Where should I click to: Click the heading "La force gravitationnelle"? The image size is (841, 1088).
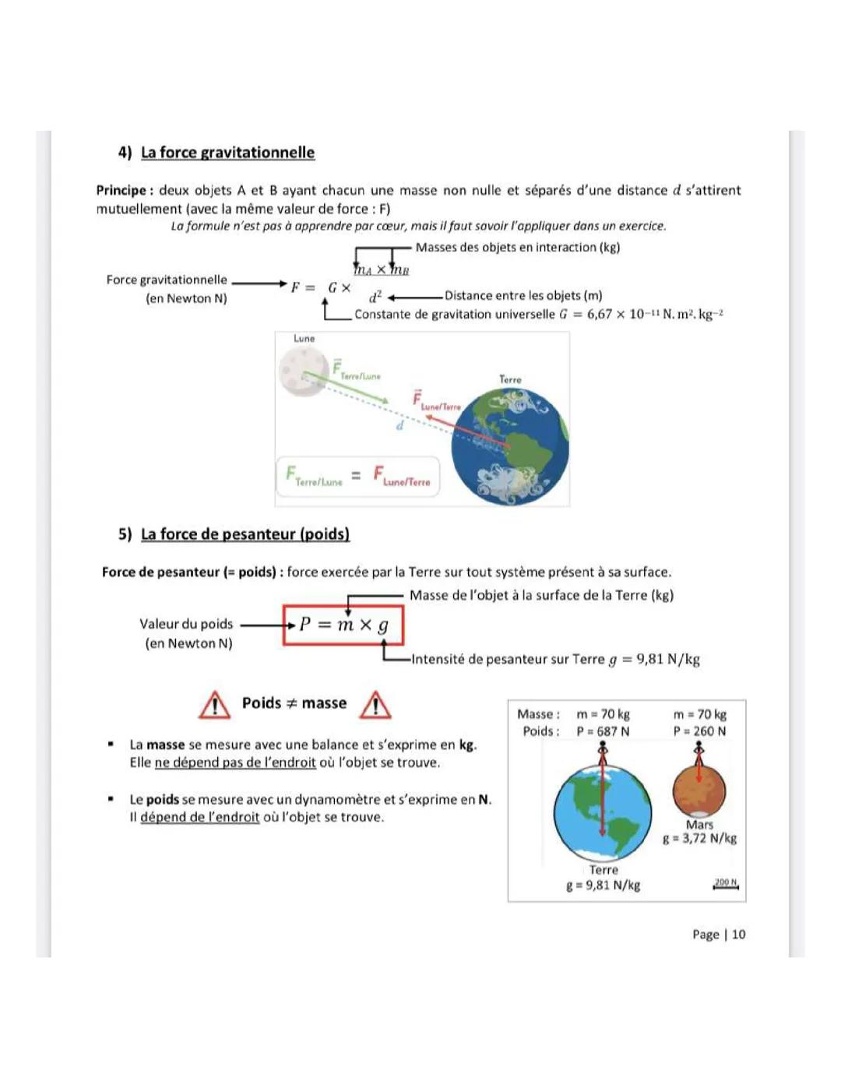227,153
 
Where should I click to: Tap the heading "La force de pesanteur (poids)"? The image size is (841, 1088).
245,534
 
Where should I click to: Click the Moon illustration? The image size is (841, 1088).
303,371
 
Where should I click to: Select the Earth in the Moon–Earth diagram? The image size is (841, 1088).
510,447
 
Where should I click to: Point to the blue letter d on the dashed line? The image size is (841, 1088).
399,426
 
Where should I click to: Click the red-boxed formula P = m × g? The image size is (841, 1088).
343,625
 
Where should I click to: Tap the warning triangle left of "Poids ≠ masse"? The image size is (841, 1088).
214,705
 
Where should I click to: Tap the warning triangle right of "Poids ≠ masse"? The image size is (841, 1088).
376,705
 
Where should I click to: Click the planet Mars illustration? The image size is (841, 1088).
698,790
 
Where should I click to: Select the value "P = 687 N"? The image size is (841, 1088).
603,731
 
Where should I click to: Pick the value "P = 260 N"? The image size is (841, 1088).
699,731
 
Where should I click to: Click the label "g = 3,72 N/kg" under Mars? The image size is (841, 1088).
699,839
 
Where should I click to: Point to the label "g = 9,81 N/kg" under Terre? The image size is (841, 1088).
603,886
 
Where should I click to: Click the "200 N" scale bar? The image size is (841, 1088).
726,883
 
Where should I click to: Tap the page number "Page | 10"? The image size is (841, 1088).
718,935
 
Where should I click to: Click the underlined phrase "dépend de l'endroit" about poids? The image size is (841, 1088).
200,817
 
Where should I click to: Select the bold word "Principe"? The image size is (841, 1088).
121,190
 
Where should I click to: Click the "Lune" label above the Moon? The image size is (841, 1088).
304,339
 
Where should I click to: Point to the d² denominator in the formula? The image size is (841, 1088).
375,297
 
